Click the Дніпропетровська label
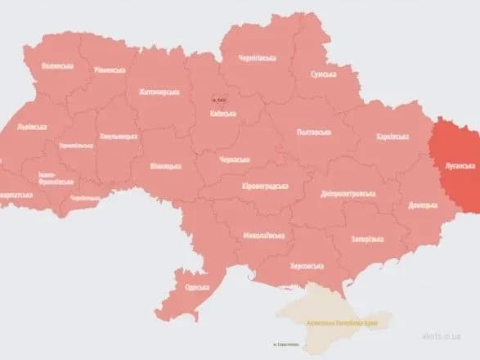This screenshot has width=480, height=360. pyautogui.click(x=348, y=194)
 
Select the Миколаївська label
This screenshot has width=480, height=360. pyautogui.click(x=263, y=236)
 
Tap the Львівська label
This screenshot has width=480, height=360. pyautogui.click(x=33, y=128)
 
